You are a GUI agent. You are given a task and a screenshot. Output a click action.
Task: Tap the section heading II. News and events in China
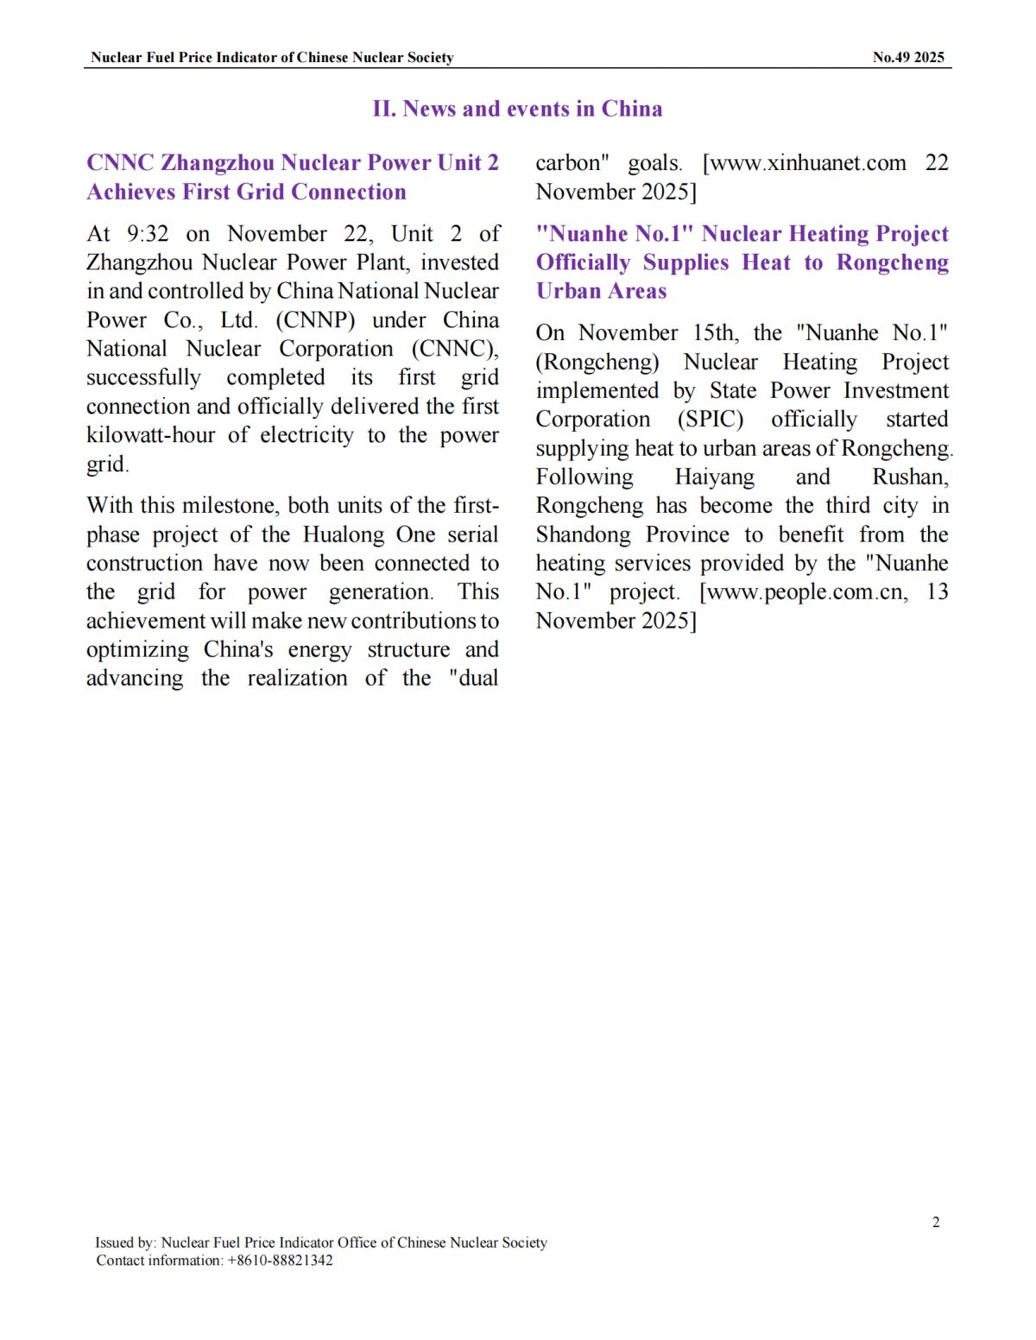coord(517,109)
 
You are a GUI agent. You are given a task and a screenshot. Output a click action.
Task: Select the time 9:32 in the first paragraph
coord(148,234)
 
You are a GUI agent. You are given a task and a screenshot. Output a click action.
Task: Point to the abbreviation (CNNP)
coord(315,320)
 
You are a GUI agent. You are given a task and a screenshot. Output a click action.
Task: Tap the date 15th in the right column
coord(715,333)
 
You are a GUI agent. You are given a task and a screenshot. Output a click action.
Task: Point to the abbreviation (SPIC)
coord(710,420)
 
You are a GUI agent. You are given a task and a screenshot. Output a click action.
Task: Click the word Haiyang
coord(714,477)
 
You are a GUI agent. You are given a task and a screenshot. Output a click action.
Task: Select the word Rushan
coord(910,477)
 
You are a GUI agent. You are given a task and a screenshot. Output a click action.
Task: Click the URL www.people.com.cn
coord(806,592)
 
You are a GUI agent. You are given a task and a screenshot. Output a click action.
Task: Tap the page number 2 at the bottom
coord(936,1222)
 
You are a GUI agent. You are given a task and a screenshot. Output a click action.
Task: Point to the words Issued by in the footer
coord(126,1242)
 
